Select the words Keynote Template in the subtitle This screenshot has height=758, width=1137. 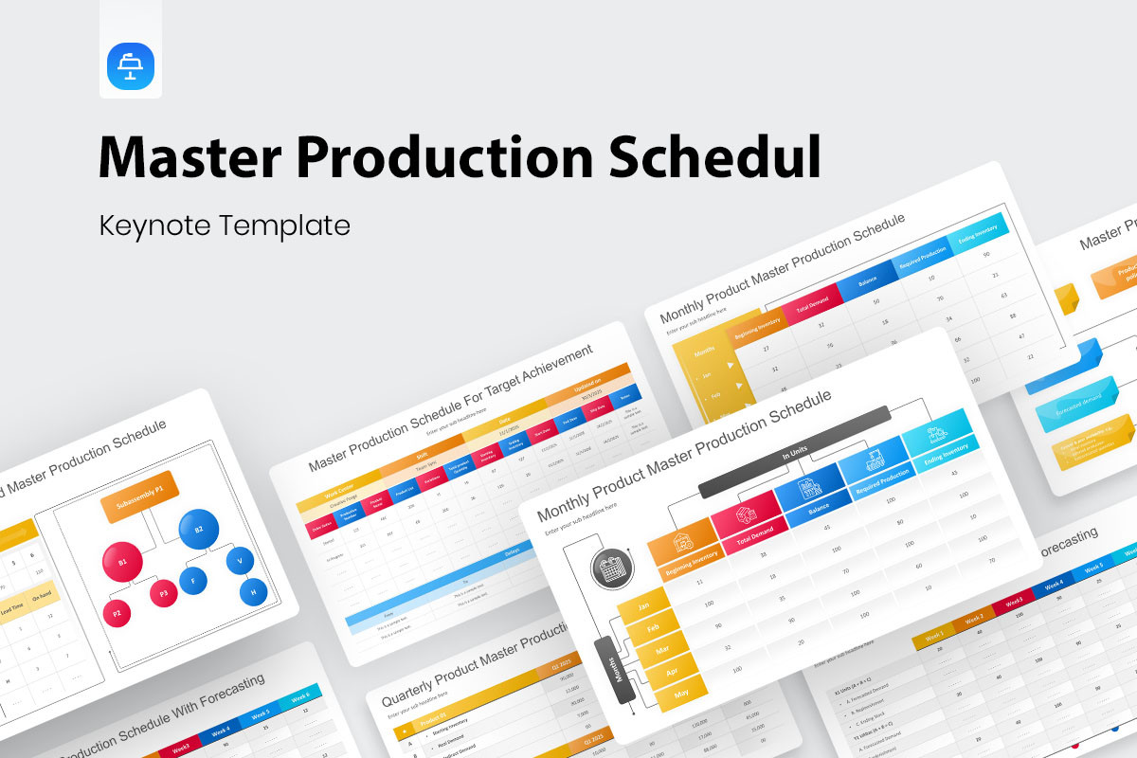pyautogui.click(x=225, y=226)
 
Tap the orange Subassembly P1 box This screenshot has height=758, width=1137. pyautogui.click(x=139, y=490)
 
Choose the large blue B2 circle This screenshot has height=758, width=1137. pyautogui.click(x=199, y=530)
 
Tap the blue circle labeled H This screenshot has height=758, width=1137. pyautogui.click(x=253, y=593)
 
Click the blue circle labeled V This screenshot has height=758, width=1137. pyautogui.click(x=240, y=560)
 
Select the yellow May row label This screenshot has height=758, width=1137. pyautogui.click(x=681, y=693)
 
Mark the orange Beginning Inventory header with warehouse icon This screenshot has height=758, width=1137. pyautogui.click(x=682, y=549)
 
